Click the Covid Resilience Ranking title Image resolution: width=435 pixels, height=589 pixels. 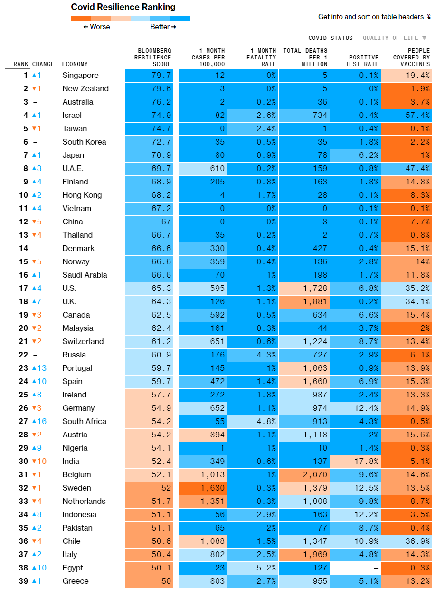point(123,7)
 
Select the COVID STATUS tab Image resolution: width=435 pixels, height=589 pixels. point(331,38)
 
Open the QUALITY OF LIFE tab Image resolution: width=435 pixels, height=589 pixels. point(394,38)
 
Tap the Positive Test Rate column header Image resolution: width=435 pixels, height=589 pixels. point(364,60)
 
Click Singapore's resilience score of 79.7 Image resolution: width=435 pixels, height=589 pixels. point(149,75)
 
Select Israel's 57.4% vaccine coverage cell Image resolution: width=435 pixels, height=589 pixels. point(406,115)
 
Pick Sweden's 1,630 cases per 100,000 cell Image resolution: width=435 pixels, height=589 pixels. point(203,488)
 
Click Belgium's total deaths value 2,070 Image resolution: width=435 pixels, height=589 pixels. point(304,474)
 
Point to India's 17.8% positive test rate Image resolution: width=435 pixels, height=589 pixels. point(356,461)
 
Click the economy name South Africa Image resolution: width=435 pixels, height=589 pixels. point(85,421)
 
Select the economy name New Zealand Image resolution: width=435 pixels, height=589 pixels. point(85,88)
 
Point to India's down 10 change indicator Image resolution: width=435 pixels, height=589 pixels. point(39,461)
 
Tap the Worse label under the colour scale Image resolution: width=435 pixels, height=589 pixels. point(96,27)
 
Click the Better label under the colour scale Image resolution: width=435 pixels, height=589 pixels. point(163,27)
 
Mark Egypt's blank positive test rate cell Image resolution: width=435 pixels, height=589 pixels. point(356,568)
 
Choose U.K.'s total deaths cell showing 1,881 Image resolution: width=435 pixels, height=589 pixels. point(304,301)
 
